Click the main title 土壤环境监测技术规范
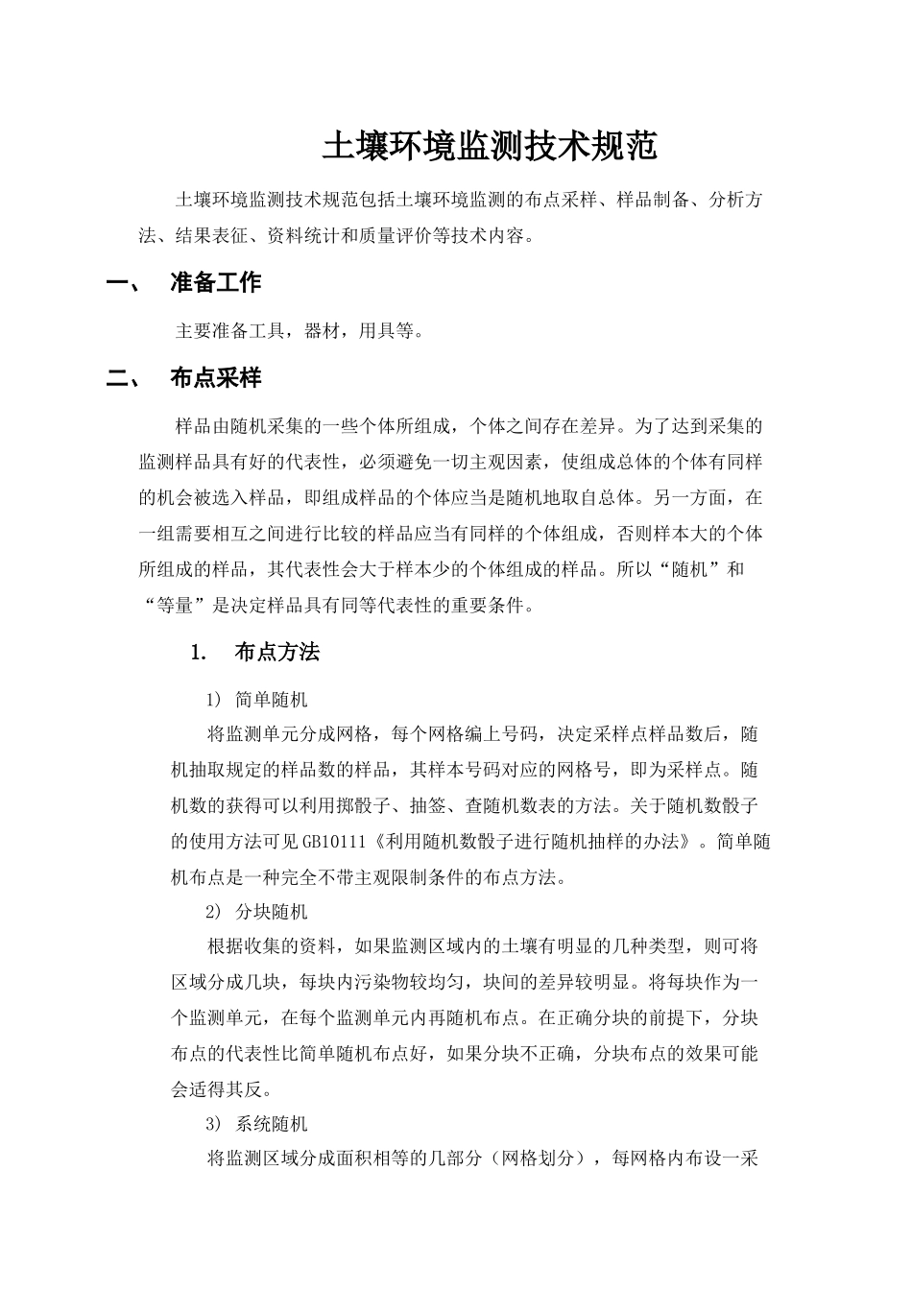click(490, 146)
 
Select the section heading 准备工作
click(215, 282)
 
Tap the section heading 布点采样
click(215, 378)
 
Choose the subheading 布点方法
click(276, 653)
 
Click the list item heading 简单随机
click(272, 699)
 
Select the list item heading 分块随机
click(272, 911)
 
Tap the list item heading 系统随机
click(272, 1123)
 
